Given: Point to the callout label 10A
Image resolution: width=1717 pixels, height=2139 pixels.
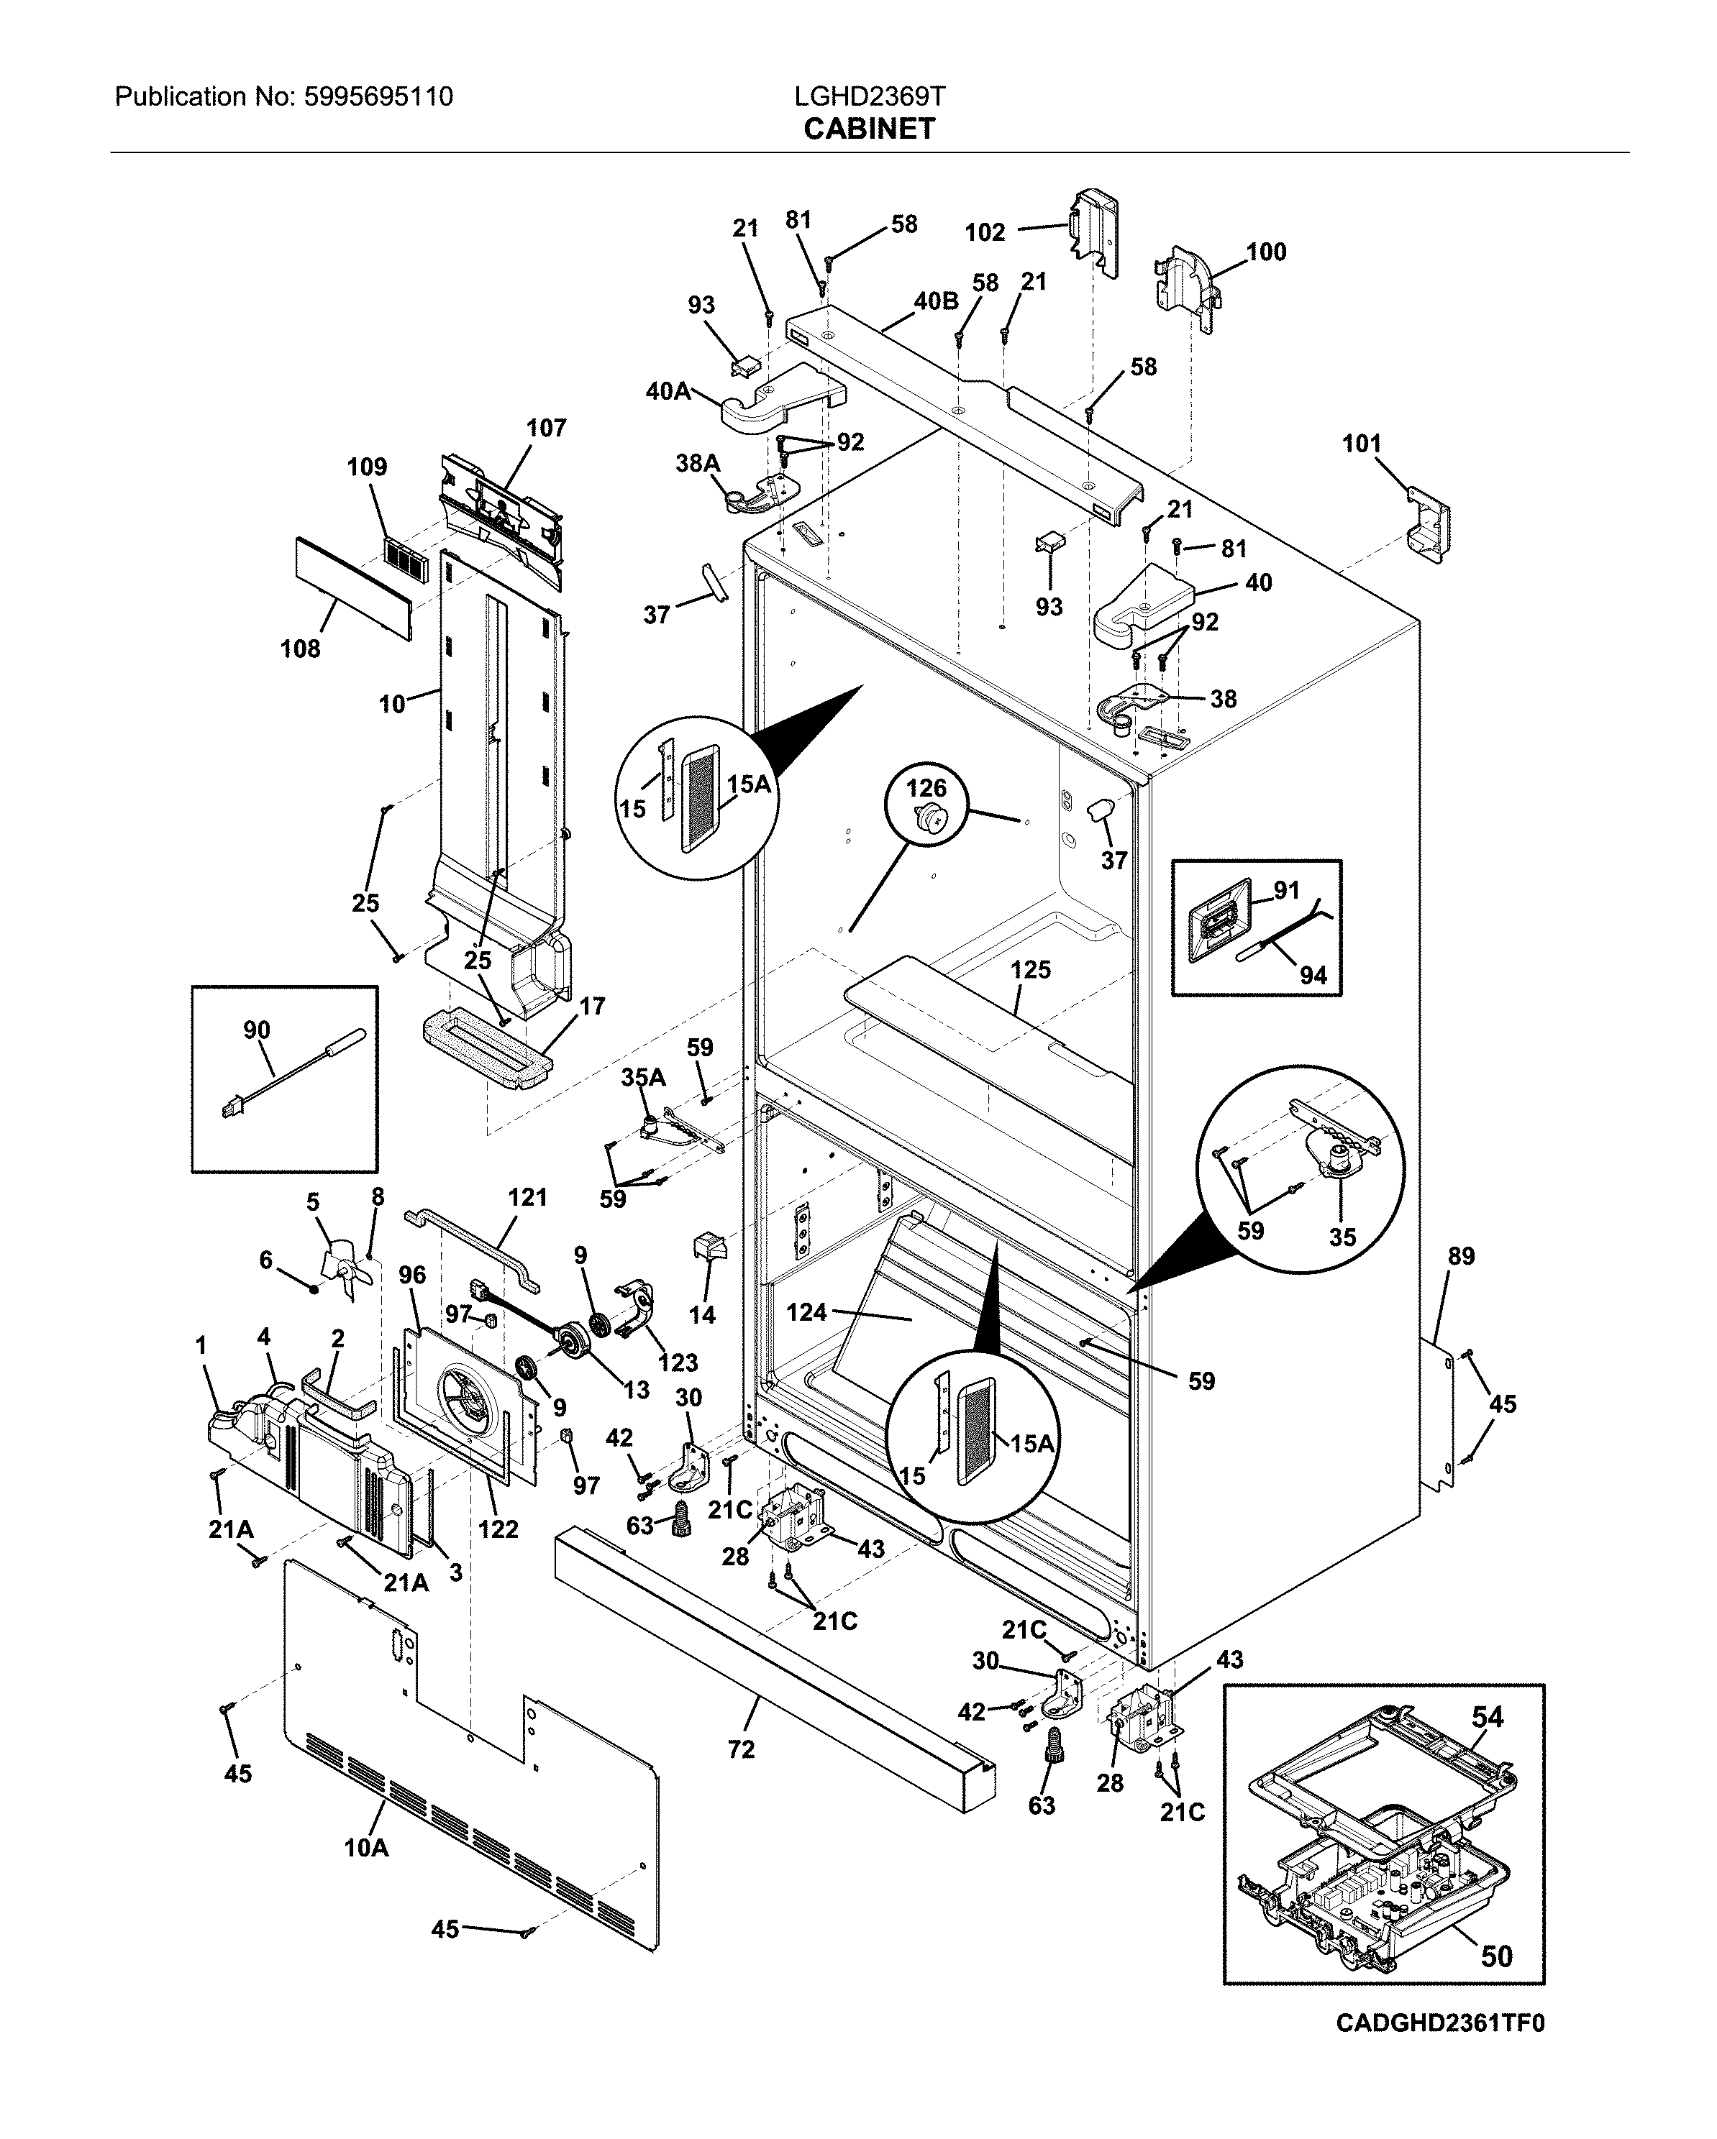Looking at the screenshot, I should [365, 1847].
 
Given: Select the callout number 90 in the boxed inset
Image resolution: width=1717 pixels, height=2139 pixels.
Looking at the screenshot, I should [256, 1030].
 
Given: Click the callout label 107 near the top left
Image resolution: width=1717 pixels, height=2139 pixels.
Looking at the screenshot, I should [546, 428].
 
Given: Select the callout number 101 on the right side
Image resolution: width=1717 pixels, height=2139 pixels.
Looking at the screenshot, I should [1361, 444].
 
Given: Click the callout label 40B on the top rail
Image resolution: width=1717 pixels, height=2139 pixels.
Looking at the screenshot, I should [935, 301].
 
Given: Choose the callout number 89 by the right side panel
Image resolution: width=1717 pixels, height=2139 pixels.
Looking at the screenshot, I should [1461, 1256].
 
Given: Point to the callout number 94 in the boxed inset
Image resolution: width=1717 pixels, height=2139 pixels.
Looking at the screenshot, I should [1312, 975].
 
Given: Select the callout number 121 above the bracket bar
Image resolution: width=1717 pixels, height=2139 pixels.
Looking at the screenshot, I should [527, 1198].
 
